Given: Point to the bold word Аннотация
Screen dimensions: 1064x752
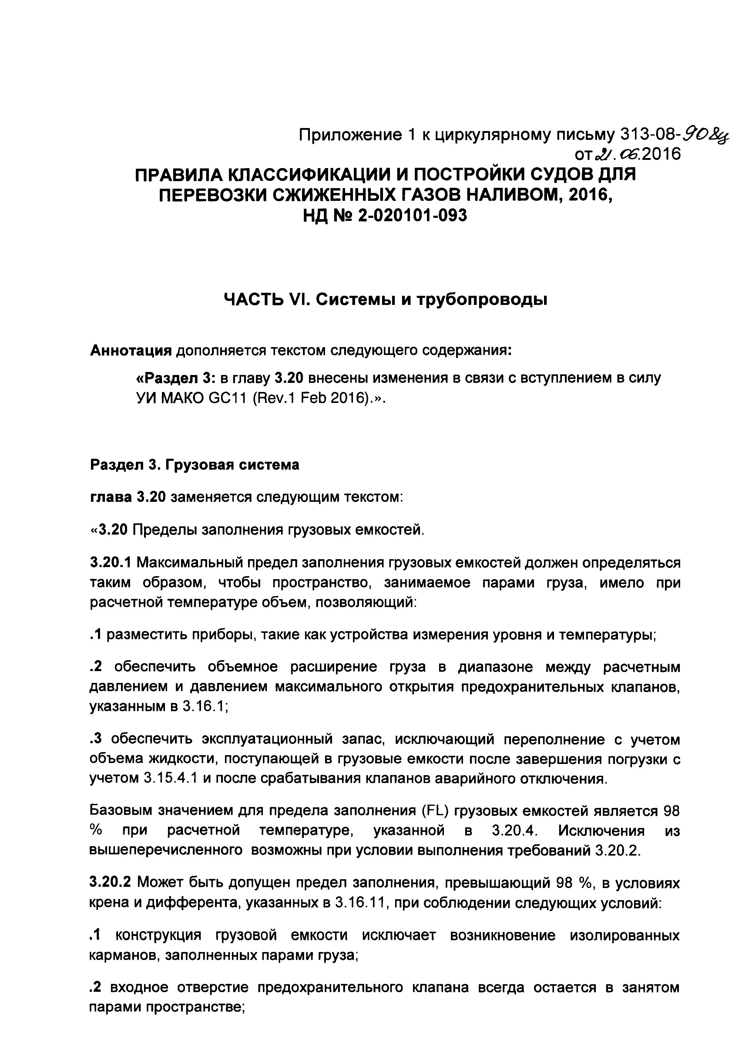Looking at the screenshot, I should click(131, 350).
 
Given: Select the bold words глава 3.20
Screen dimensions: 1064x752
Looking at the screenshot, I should click(127, 497).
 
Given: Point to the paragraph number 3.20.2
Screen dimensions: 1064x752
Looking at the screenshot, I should click(110, 884).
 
